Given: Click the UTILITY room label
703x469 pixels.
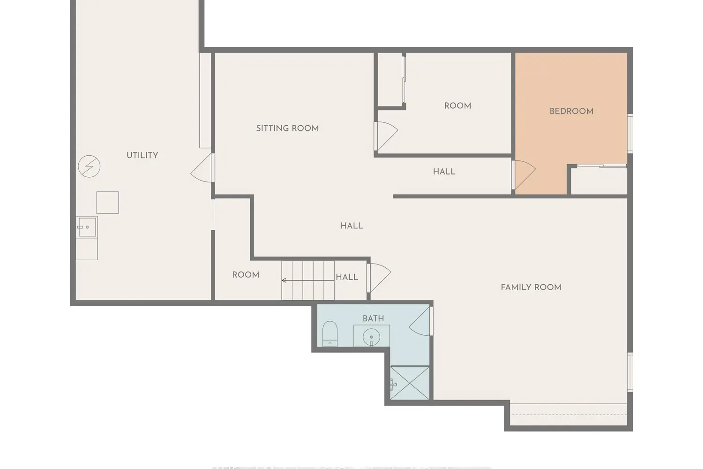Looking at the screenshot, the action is [142, 155].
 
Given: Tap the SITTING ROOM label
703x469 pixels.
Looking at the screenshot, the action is [287, 128].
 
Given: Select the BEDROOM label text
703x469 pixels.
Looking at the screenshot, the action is [571, 111].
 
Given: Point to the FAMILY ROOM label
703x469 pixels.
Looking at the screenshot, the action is [531, 287].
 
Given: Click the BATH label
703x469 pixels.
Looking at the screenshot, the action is [373, 318].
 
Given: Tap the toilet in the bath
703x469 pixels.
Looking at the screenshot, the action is [330, 333].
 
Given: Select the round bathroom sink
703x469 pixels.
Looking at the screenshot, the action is [371, 337].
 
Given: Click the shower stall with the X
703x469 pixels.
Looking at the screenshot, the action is [410, 383].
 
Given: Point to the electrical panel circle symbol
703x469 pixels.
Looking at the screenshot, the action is [89, 166].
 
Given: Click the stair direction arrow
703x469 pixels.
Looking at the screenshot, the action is [308, 280].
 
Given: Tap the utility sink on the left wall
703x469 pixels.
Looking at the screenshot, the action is [87, 227].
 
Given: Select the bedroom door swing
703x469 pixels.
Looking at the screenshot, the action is [524, 174].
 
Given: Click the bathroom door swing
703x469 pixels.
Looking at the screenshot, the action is [420, 321].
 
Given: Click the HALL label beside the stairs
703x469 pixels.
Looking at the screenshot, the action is [347, 277].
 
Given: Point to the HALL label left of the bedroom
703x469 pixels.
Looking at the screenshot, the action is [444, 172].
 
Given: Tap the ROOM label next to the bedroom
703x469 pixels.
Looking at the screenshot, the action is [457, 106].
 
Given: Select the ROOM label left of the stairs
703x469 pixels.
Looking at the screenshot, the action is [246, 275].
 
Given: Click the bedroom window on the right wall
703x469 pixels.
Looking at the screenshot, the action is [630, 134].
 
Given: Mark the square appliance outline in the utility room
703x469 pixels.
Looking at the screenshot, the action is [108, 203].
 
